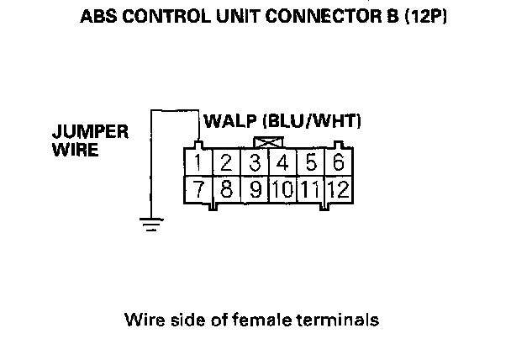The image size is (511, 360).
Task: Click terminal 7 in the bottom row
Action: [x=197, y=188]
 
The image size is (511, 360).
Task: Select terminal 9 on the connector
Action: [x=255, y=188]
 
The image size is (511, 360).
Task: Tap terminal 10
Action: [x=283, y=188]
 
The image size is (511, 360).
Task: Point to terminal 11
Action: [x=312, y=188]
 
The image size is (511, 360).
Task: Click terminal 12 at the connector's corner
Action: [x=340, y=188]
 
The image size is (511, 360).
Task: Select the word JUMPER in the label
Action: [x=90, y=134]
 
